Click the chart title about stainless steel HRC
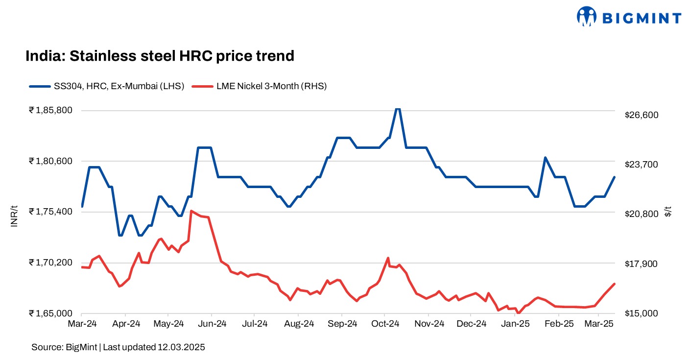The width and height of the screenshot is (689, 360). pos(160,56)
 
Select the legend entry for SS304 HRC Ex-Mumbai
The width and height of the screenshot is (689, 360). pos(106,86)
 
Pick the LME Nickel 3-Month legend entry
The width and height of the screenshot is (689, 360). pos(259,86)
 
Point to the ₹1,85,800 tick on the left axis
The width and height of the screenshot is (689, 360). pos(51,111)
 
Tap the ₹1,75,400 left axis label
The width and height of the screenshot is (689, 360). pos(51,212)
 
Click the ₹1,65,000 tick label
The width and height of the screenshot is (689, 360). pos(51,313)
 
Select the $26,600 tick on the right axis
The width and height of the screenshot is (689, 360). pos(641,115)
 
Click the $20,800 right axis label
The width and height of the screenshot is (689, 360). pos(641,214)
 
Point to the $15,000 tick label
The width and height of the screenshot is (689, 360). pos(641,313)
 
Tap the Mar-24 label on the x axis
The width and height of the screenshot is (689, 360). pos(82,324)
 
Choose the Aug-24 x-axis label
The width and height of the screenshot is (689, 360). pos(299,324)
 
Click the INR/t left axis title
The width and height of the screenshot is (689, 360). pos(14,216)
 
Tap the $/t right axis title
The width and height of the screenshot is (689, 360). pos(668,212)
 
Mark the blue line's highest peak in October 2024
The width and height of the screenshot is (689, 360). pos(398,109)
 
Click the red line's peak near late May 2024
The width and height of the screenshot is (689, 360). pos(191,211)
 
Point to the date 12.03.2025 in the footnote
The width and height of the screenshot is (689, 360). pos(181,347)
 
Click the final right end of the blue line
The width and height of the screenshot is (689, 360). pos(615,177)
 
